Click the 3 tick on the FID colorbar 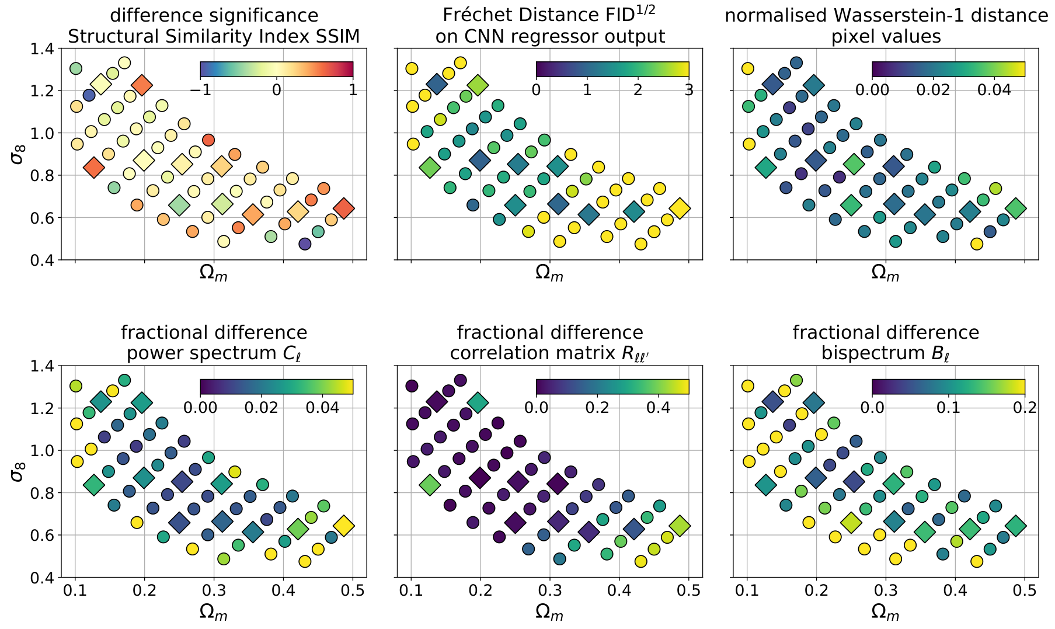(x=689, y=91)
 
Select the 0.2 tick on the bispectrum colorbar (x=1025, y=407)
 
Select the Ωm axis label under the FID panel (x=549, y=273)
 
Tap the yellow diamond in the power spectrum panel (x=344, y=526)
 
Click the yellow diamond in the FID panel (x=680, y=208)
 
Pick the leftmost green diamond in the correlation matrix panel (x=430, y=485)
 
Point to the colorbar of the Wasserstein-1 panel (x=948, y=69)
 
